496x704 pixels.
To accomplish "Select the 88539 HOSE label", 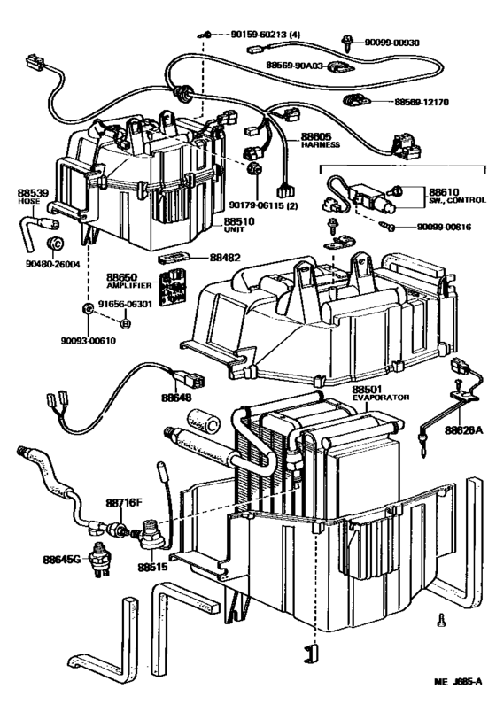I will [28, 194].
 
